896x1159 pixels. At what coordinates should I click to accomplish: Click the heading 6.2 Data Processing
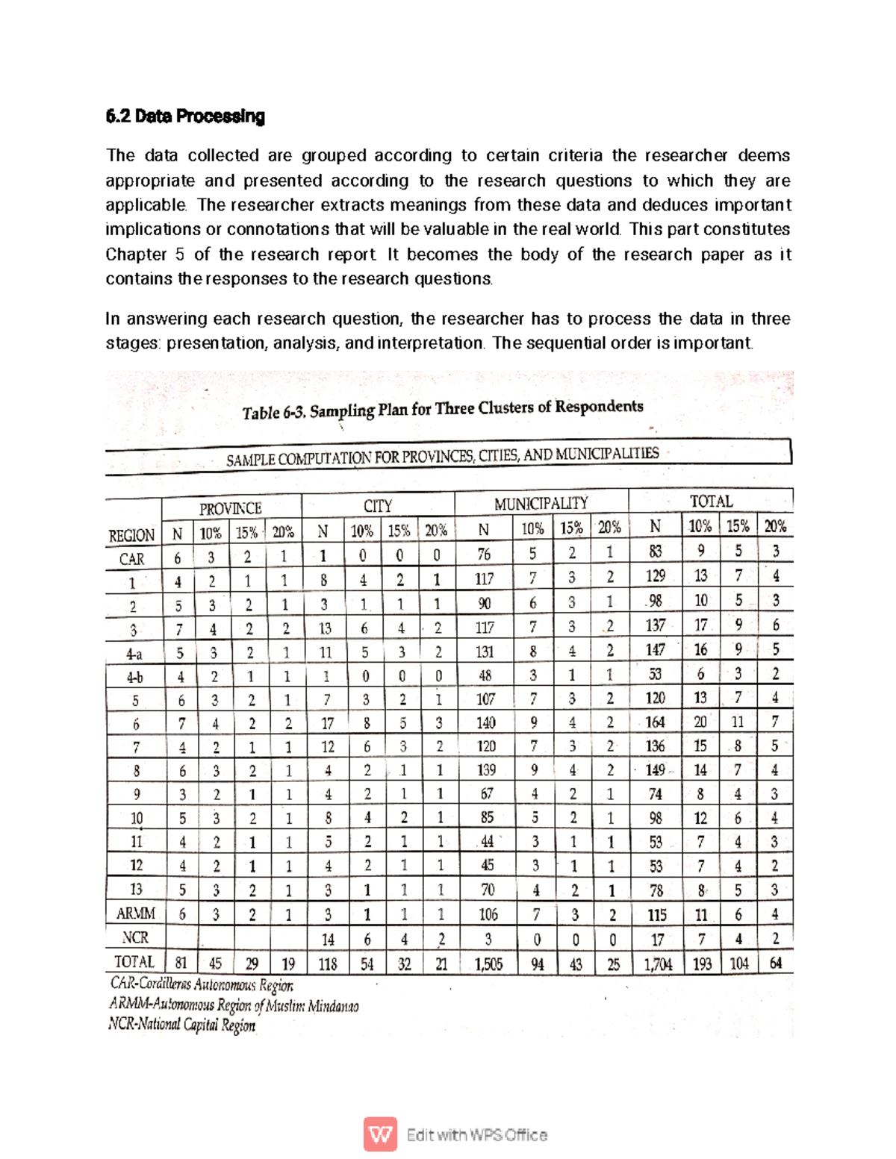coord(185,116)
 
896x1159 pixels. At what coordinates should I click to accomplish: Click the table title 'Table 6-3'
coord(274,412)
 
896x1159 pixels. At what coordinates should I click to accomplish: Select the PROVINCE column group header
coord(230,508)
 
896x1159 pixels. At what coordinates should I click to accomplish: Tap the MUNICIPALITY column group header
coord(541,504)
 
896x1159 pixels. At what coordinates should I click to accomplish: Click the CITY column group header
coord(378,506)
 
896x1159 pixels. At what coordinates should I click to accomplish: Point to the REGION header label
coord(131,536)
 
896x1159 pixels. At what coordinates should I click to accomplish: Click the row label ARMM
coord(135,913)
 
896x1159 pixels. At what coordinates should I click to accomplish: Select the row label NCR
coord(135,937)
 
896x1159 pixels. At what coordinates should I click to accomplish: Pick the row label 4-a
coord(134,655)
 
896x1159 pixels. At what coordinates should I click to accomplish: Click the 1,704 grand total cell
coord(658,963)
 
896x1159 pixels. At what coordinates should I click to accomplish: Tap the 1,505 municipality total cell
coord(488,963)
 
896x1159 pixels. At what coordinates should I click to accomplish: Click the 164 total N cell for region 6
coord(655,722)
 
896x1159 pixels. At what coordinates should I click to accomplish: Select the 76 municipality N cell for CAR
coord(484,554)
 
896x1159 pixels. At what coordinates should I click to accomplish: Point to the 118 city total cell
coord(327,963)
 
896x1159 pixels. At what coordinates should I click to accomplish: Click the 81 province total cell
coord(181,963)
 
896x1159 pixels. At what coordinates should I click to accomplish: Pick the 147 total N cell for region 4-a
coord(655,650)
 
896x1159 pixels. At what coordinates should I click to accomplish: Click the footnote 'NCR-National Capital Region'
coord(182,1025)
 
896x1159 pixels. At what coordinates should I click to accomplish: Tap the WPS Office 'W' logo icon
coord(380,1134)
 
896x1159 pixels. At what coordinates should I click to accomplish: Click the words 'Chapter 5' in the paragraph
coord(145,254)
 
